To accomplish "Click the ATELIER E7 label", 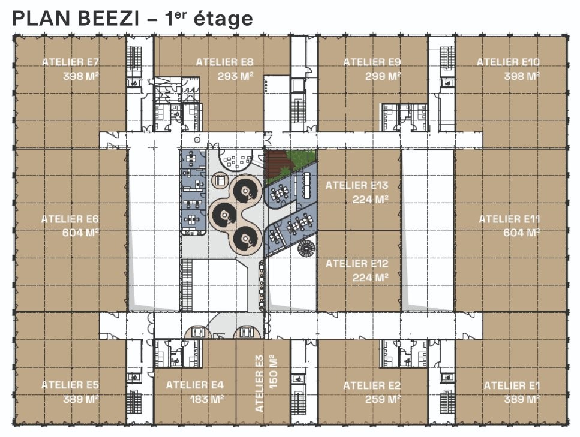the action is (70, 62).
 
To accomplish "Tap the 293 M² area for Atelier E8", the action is (235, 76).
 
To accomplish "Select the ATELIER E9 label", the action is (372, 62).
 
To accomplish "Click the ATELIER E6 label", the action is (70, 219).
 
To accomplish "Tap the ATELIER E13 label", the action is (357, 185).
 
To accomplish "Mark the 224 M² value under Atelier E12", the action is (370, 278).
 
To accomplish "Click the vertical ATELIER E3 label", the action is (259, 384).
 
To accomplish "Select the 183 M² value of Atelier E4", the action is (207, 399).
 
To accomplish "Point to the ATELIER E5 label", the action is (70, 385).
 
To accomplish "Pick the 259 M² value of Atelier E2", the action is (383, 399).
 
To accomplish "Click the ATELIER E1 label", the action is (512, 385).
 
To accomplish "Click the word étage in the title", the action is (223, 19).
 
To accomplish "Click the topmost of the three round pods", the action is (244, 191).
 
